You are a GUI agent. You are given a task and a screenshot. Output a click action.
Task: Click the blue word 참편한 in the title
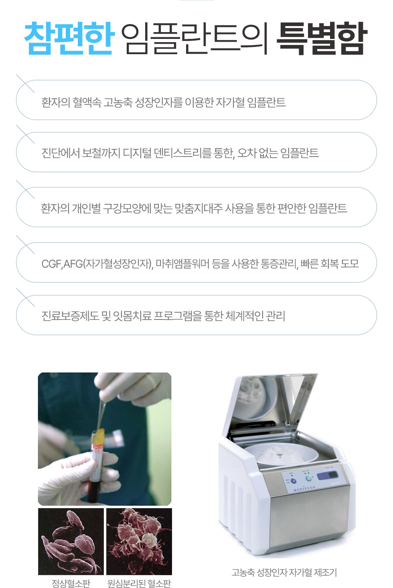point(69,39)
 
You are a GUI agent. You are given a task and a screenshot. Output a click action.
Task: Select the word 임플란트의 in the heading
point(195,39)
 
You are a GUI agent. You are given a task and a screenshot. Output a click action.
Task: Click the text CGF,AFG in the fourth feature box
point(62,264)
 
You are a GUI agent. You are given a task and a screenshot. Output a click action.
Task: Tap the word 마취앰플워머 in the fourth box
point(182,264)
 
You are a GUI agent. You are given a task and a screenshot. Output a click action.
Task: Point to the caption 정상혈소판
point(71,583)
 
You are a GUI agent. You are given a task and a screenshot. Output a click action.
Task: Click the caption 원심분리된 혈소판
point(139,583)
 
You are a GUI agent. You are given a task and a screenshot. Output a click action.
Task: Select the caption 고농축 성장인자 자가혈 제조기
point(284,572)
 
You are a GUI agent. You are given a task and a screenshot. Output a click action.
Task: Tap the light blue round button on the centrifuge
point(308,478)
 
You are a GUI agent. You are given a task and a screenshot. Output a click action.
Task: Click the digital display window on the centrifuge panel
point(328,476)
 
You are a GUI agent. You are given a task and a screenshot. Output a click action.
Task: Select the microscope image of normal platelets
point(71,541)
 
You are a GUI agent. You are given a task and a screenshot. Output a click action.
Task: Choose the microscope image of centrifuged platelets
point(139,541)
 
